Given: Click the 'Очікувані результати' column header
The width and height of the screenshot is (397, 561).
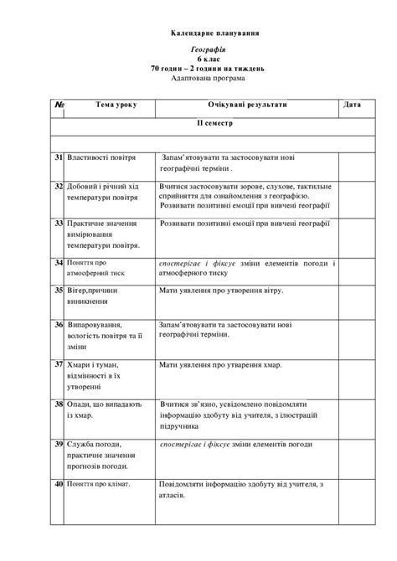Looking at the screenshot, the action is [x=247, y=106].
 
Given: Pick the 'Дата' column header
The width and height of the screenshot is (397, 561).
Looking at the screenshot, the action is [x=353, y=106].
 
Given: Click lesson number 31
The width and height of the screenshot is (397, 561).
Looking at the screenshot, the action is [x=59, y=157].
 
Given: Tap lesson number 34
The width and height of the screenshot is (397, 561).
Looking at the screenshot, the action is [x=59, y=263].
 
